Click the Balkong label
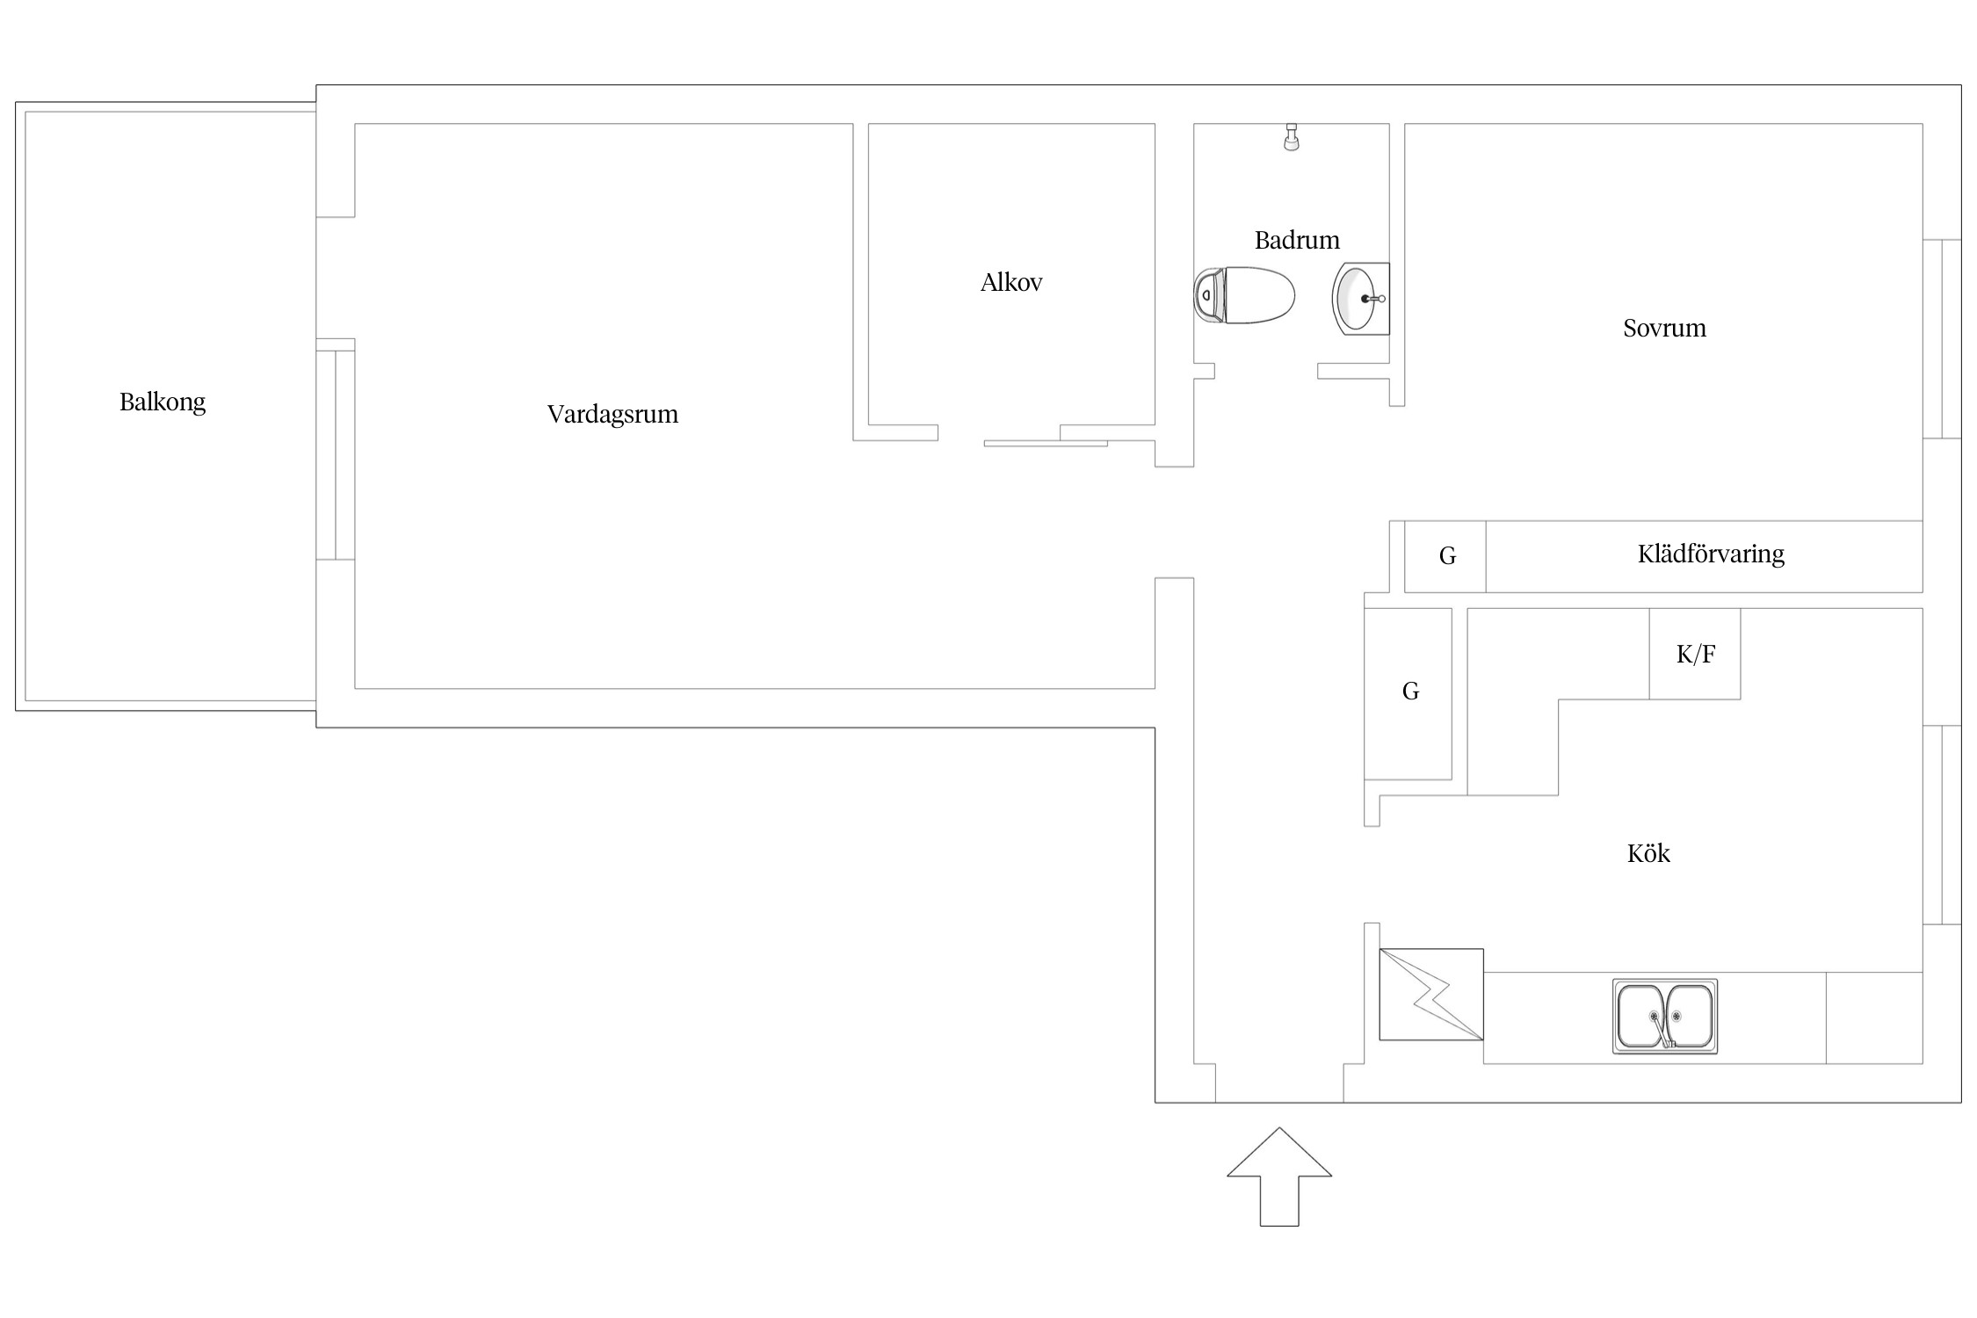pyautogui.click(x=163, y=402)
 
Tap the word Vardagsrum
pyautogui.click(x=612, y=414)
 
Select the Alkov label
pyautogui.click(x=1011, y=282)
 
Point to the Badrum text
pyautogui.click(x=1297, y=240)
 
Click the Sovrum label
pyautogui.click(x=1664, y=328)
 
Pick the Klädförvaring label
pyautogui.click(x=1711, y=554)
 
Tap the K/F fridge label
pyautogui.click(x=1696, y=654)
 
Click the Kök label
pyautogui.click(x=1648, y=853)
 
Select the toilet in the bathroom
pyautogui.click(x=1244, y=295)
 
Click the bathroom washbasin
pyautogui.click(x=1361, y=299)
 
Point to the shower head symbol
pyautogui.click(x=1291, y=137)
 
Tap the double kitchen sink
pyautogui.click(x=1665, y=1016)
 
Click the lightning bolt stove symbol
pyautogui.click(x=1431, y=995)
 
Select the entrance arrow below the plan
pyautogui.click(x=1279, y=1177)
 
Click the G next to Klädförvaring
pyautogui.click(x=1447, y=556)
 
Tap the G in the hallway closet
pyautogui.click(x=1410, y=692)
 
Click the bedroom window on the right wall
pyautogui.click(x=1942, y=338)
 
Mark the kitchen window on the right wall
pyautogui.click(x=1942, y=825)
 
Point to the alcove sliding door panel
pyautogui.click(x=1046, y=444)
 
